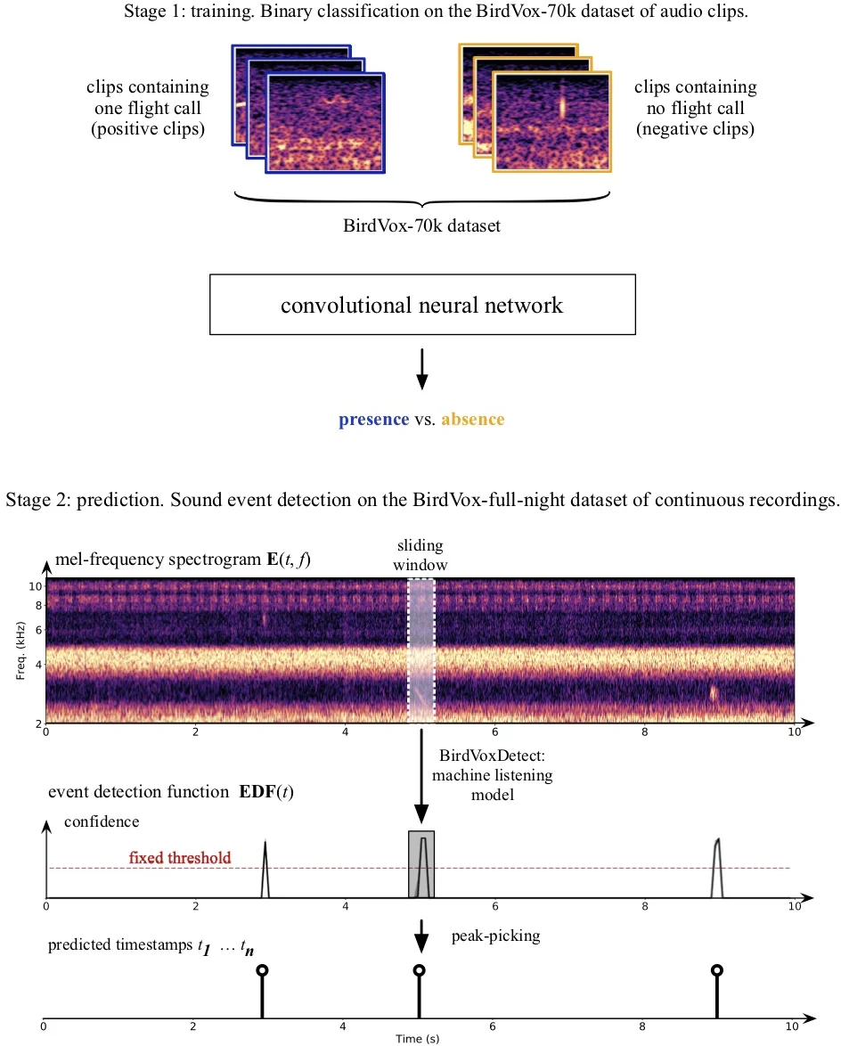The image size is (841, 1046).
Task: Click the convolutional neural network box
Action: pyautogui.click(x=421, y=305)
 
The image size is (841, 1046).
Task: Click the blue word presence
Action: pyautogui.click(x=373, y=419)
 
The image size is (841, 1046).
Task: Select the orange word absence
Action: pyautogui.click(x=472, y=419)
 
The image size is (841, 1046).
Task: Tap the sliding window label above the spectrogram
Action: pyautogui.click(x=421, y=554)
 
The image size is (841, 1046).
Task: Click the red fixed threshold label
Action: pyautogui.click(x=180, y=858)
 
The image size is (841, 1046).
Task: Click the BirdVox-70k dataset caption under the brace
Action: pyautogui.click(x=421, y=225)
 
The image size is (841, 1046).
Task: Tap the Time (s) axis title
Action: pyautogui.click(x=418, y=1038)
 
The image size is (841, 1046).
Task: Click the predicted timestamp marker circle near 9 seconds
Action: pyautogui.click(x=716, y=970)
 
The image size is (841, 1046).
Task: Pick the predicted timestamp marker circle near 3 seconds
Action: pyautogui.click(x=261, y=970)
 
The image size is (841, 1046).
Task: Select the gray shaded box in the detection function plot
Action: pyautogui.click(x=421, y=864)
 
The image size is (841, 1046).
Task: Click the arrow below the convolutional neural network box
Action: pyautogui.click(x=421, y=369)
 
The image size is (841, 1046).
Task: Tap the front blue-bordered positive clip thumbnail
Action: pyautogui.click(x=326, y=123)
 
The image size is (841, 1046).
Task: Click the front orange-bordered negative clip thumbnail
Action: pyautogui.click(x=552, y=122)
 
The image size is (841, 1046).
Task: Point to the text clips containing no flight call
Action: pyautogui.click(x=695, y=108)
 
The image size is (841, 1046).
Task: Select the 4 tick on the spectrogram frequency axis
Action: pyautogui.click(x=36, y=665)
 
